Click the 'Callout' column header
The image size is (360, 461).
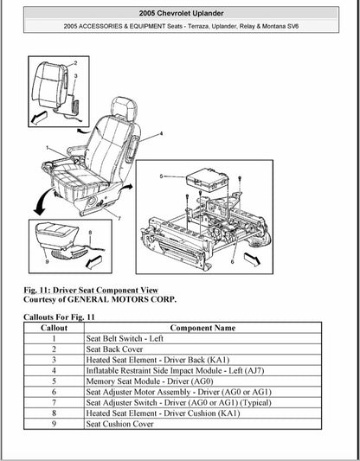coord(53,329)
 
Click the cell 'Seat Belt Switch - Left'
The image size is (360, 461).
coord(125,339)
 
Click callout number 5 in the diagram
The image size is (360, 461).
coord(161,176)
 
